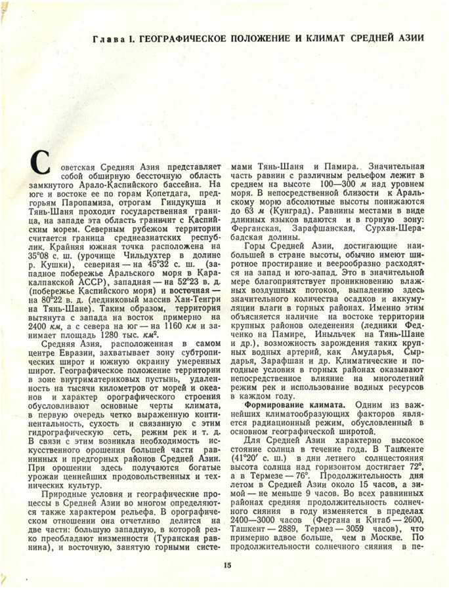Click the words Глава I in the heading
coord(112,41)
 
